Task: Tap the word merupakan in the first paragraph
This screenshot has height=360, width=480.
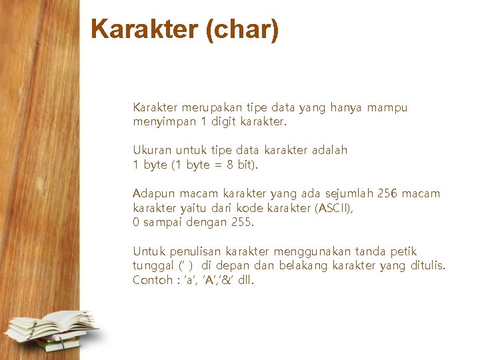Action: pyautogui.click(x=211, y=108)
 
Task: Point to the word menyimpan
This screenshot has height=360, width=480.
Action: pyautogui.click(x=165, y=122)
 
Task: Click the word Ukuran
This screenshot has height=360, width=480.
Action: pyautogui.click(x=152, y=151)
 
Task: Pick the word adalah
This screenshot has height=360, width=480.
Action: pyautogui.click(x=326, y=151)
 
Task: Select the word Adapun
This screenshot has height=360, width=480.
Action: pyautogui.click(x=154, y=194)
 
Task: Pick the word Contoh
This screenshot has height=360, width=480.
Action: pyautogui.click(x=153, y=280)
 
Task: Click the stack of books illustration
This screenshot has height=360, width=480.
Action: pyautogui.click(x=51, y=331)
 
